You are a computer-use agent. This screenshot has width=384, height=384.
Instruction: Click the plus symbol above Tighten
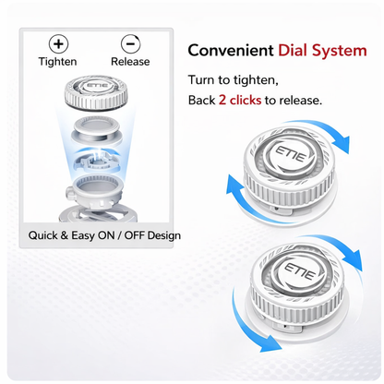click(58, 43)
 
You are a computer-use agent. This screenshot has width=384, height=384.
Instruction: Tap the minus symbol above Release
click(130, 43)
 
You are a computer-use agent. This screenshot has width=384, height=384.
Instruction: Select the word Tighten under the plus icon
click(57, 62)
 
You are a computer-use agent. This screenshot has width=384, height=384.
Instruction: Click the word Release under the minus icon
click(130, 62)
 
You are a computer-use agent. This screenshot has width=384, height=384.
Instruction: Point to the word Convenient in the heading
click(231, 50)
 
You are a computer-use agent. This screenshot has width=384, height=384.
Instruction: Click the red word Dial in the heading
click(293, 50)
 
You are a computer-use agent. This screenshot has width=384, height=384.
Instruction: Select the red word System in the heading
click(340, 51)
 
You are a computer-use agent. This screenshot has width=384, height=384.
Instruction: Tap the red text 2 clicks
click(240, 100)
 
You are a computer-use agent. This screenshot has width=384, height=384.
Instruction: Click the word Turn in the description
click(201, 80)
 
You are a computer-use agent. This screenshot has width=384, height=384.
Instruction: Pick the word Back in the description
click(201, 100)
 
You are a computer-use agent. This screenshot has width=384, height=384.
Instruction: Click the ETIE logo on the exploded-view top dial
click(97, 86)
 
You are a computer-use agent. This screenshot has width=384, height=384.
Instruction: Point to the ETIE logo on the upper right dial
click(290, 154)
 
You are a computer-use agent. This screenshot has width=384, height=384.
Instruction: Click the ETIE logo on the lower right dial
click(300, 270)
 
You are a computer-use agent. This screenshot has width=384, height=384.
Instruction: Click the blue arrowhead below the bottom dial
click(270, 343)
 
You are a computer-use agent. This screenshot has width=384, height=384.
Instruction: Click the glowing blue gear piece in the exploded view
click(97, 160)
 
